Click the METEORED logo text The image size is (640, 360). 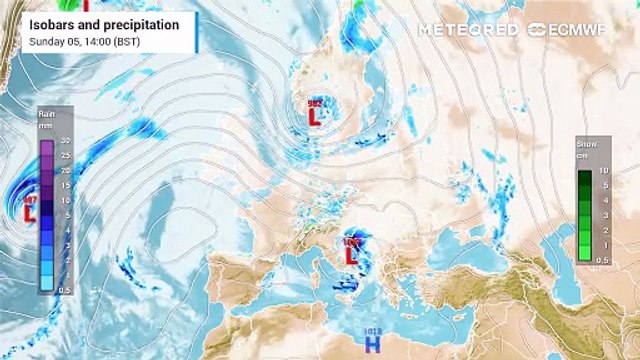(466, 29)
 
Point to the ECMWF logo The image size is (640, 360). (574, 29)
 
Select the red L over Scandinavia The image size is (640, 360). (313, 117)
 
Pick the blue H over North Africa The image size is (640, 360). (373, 344)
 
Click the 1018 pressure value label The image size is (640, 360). (373, 329)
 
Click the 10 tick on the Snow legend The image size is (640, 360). (603, 171)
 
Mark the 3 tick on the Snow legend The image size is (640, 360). (603, 215)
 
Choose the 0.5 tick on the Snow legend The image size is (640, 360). (603, 259)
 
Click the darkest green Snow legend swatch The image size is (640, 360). (584, 176)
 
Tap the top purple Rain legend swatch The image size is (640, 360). (47, 146)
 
